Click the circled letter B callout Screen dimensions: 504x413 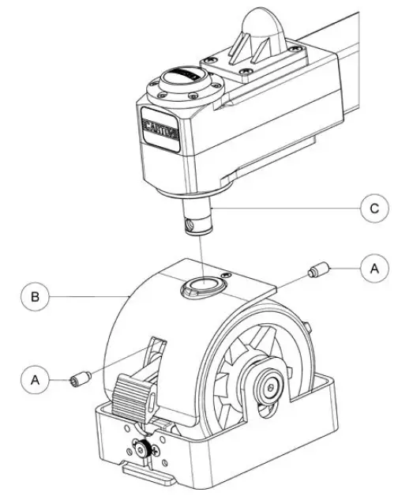click(36, 297)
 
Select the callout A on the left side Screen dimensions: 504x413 click(36, 379)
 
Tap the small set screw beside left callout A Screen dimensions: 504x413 click(78, 381)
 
